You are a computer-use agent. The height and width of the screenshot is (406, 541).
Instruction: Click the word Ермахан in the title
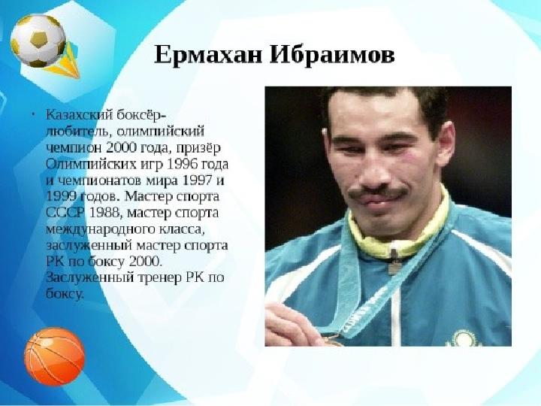208,55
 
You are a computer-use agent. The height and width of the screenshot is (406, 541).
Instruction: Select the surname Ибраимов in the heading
332,55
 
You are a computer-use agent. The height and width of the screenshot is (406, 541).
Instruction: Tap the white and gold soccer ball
38,41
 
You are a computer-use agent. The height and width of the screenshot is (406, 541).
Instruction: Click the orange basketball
55,356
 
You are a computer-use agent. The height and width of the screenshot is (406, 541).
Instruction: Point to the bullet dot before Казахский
34,114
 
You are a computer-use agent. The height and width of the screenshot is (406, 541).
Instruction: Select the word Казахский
80,114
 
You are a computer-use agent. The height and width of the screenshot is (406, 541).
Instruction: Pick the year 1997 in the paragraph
197,180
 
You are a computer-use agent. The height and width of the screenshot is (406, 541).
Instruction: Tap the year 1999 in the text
61,197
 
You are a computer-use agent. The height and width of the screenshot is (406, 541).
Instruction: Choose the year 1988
104,213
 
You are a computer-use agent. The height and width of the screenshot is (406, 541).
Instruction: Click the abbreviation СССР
65,213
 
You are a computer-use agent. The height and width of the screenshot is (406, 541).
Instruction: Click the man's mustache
377,192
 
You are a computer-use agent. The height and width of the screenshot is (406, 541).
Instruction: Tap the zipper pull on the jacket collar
394,262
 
